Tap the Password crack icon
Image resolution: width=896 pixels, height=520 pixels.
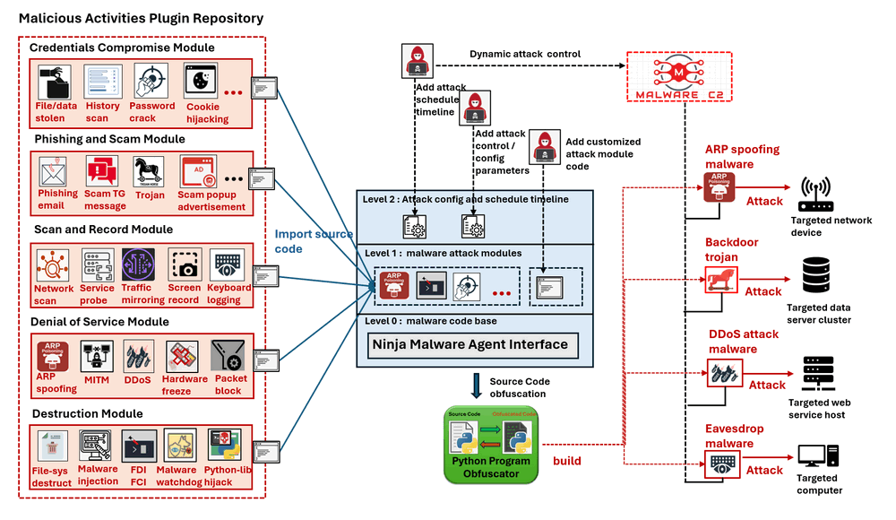tap(151, 82)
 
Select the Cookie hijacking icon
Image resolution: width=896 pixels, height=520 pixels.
tap(202, 82)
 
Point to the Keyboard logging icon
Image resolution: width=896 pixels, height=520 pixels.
tap(228, 266)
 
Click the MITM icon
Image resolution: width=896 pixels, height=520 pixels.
tap(97, 357)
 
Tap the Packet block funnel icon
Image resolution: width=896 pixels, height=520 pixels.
tap(228, 357)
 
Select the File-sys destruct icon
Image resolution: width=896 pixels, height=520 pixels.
tap(52, 446)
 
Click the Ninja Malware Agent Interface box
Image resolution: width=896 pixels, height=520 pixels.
tap(470, 343)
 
